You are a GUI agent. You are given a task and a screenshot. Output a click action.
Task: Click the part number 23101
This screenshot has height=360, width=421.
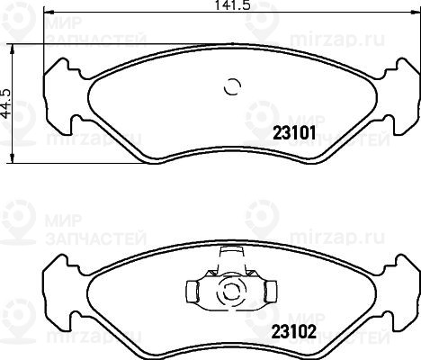(x=294, y=133)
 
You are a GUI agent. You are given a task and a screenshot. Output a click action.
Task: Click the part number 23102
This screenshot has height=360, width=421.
(x=294, y=332)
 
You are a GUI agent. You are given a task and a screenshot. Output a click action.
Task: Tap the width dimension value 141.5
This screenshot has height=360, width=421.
(x=233, y=5)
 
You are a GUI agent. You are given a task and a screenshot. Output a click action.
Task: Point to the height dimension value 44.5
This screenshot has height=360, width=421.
(x=6, y=103)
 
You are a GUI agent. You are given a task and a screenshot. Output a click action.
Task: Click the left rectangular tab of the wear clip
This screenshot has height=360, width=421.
(x=193, y=292)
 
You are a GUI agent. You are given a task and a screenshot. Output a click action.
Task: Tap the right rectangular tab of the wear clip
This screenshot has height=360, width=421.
(x=271, y=292)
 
